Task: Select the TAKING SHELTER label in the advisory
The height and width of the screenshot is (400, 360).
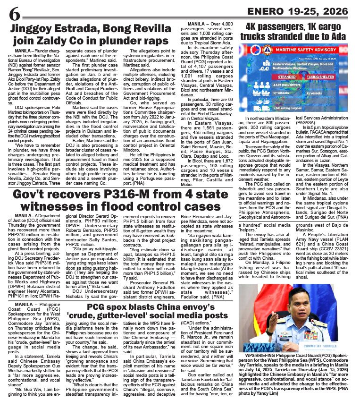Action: tap(320, 77)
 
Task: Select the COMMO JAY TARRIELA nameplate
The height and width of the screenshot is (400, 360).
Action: tap(322, 346)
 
